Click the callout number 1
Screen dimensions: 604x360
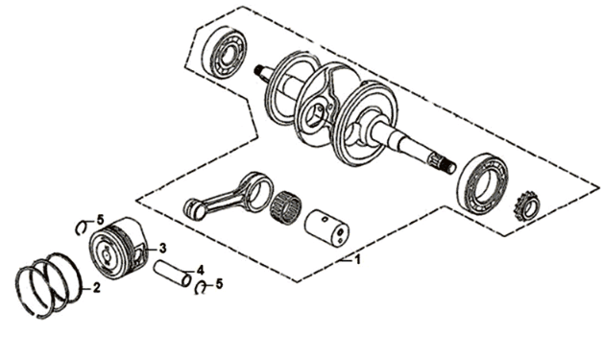[x=357, y=259]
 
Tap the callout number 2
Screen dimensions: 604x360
[x=96, y=287]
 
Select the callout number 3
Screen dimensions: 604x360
[x=162, y=249]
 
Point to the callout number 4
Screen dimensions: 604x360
[x=201, y=270]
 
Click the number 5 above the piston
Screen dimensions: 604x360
[x=100, y=220]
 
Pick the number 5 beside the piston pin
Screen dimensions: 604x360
[x=219, y=284]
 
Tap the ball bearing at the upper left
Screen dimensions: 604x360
[x=224, y=54]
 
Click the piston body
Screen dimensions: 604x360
[x=117, y=248]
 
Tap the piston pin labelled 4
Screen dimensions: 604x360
[x=172, y=274]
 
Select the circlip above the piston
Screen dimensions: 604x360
[x=82, y=228]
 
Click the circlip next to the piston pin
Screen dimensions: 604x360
[x=201, y=288]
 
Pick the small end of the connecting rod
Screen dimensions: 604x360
[x=195, y=208]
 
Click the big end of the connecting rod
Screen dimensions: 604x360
[x=258, y=191]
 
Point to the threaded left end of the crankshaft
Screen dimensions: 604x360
[x=260, y=71]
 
